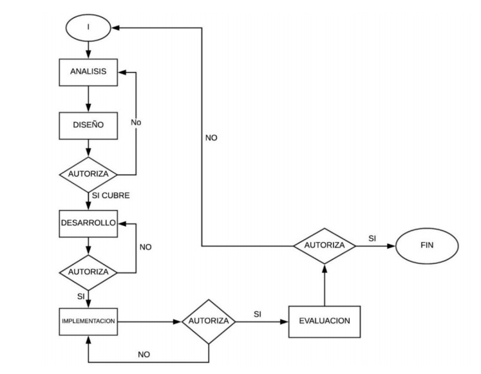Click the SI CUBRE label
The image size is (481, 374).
coord(111,196)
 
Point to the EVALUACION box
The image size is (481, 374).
coord(323,319)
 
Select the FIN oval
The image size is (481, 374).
coord(427,245)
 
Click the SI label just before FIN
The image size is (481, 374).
coord(372,238)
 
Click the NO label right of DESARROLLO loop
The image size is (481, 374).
coord(146,247)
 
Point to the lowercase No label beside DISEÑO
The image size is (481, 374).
coord(137,121)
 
